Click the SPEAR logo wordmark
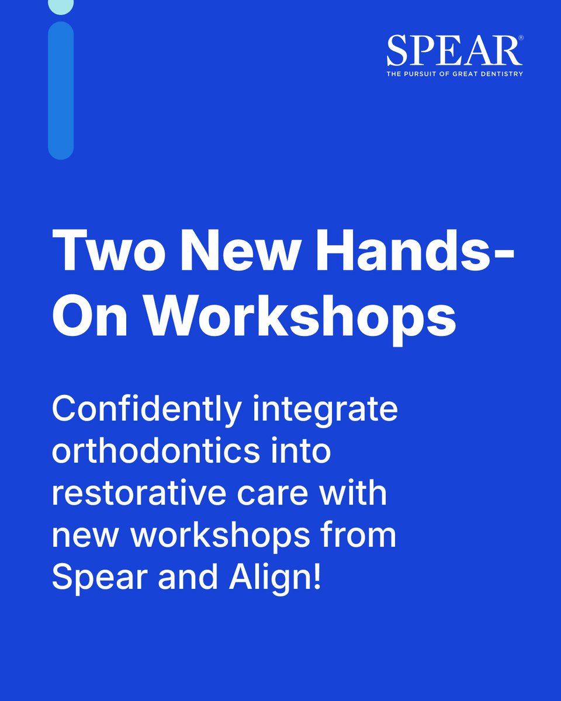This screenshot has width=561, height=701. click(453, 51)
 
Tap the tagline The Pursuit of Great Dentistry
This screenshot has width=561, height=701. click(454, 74)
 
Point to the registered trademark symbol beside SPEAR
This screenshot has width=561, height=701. click(520, 37)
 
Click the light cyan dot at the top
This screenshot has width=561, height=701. click(60, 6)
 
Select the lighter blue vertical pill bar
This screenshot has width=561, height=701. click(60, 91)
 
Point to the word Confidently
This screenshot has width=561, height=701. click(146, 411)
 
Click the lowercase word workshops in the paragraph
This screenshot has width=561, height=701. click(217, 536)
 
